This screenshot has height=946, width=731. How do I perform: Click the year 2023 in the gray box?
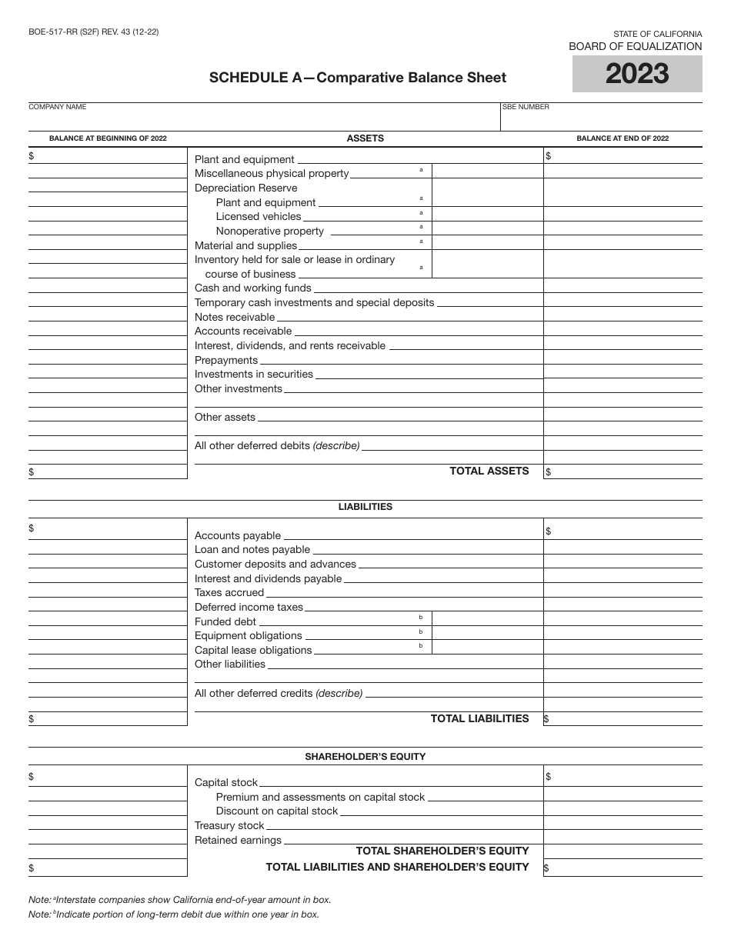637,75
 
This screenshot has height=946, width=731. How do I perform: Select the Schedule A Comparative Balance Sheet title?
358,77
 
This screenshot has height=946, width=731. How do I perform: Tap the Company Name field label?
58,107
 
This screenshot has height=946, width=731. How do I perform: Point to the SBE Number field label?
526,107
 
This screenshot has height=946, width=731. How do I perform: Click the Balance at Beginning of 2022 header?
108,138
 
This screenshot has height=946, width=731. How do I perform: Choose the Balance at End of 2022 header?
623,138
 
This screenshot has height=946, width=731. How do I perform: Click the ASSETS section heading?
365,138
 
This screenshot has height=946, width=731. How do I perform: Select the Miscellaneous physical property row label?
272,174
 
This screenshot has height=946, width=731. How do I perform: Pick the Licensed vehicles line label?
259,217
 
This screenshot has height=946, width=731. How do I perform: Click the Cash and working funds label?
253,288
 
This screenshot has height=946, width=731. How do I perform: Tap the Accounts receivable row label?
243,331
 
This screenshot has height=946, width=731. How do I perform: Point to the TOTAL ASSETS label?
489,471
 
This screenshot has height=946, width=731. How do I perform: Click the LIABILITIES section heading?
365,507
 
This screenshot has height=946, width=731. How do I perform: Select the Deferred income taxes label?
249,607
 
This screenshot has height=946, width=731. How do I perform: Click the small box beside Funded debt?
487,619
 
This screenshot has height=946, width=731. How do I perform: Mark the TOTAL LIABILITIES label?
479,718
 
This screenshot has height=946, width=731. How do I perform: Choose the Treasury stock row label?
229,825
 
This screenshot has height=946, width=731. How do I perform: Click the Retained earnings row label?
238,840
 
